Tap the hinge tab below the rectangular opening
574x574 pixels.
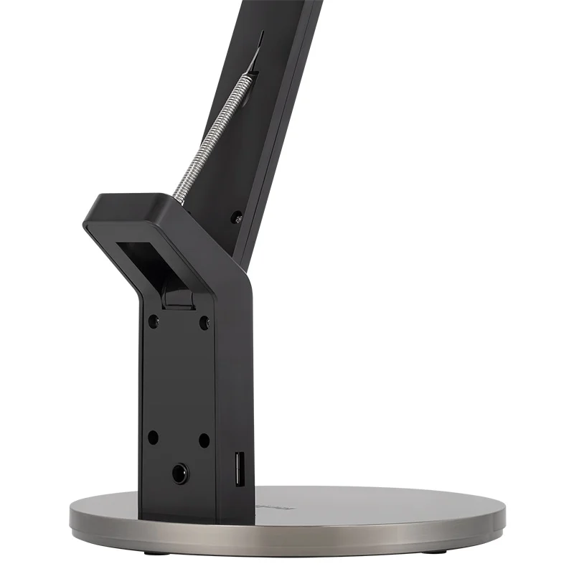pyautogui.click(x=177, y=297)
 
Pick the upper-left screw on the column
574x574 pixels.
pyautogui.click(x=153, y=321)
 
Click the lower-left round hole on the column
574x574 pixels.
pyautogui.click(x=153, y=436)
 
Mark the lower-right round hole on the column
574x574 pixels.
pyautogui.click(x=204, y=439)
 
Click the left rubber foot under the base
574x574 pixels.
pyautogui.click(x=148, y=552)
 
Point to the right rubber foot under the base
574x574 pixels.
pyautogui.click(x=438, y=550)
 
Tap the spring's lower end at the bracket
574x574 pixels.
pyautogui.click(x=178, y=197)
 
